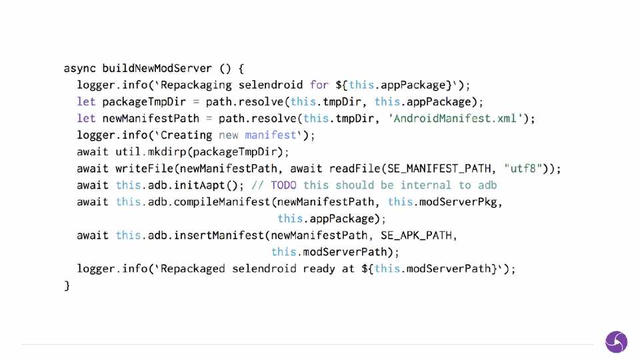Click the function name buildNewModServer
coord(157,68)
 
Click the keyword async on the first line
coord(79,68)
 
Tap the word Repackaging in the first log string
coord(197,85)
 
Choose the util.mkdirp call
coord(153,151)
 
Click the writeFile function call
coord(141,168)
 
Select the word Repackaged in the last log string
coord(193,269)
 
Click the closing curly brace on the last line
coord(67,285)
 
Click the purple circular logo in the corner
coord(616,342)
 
